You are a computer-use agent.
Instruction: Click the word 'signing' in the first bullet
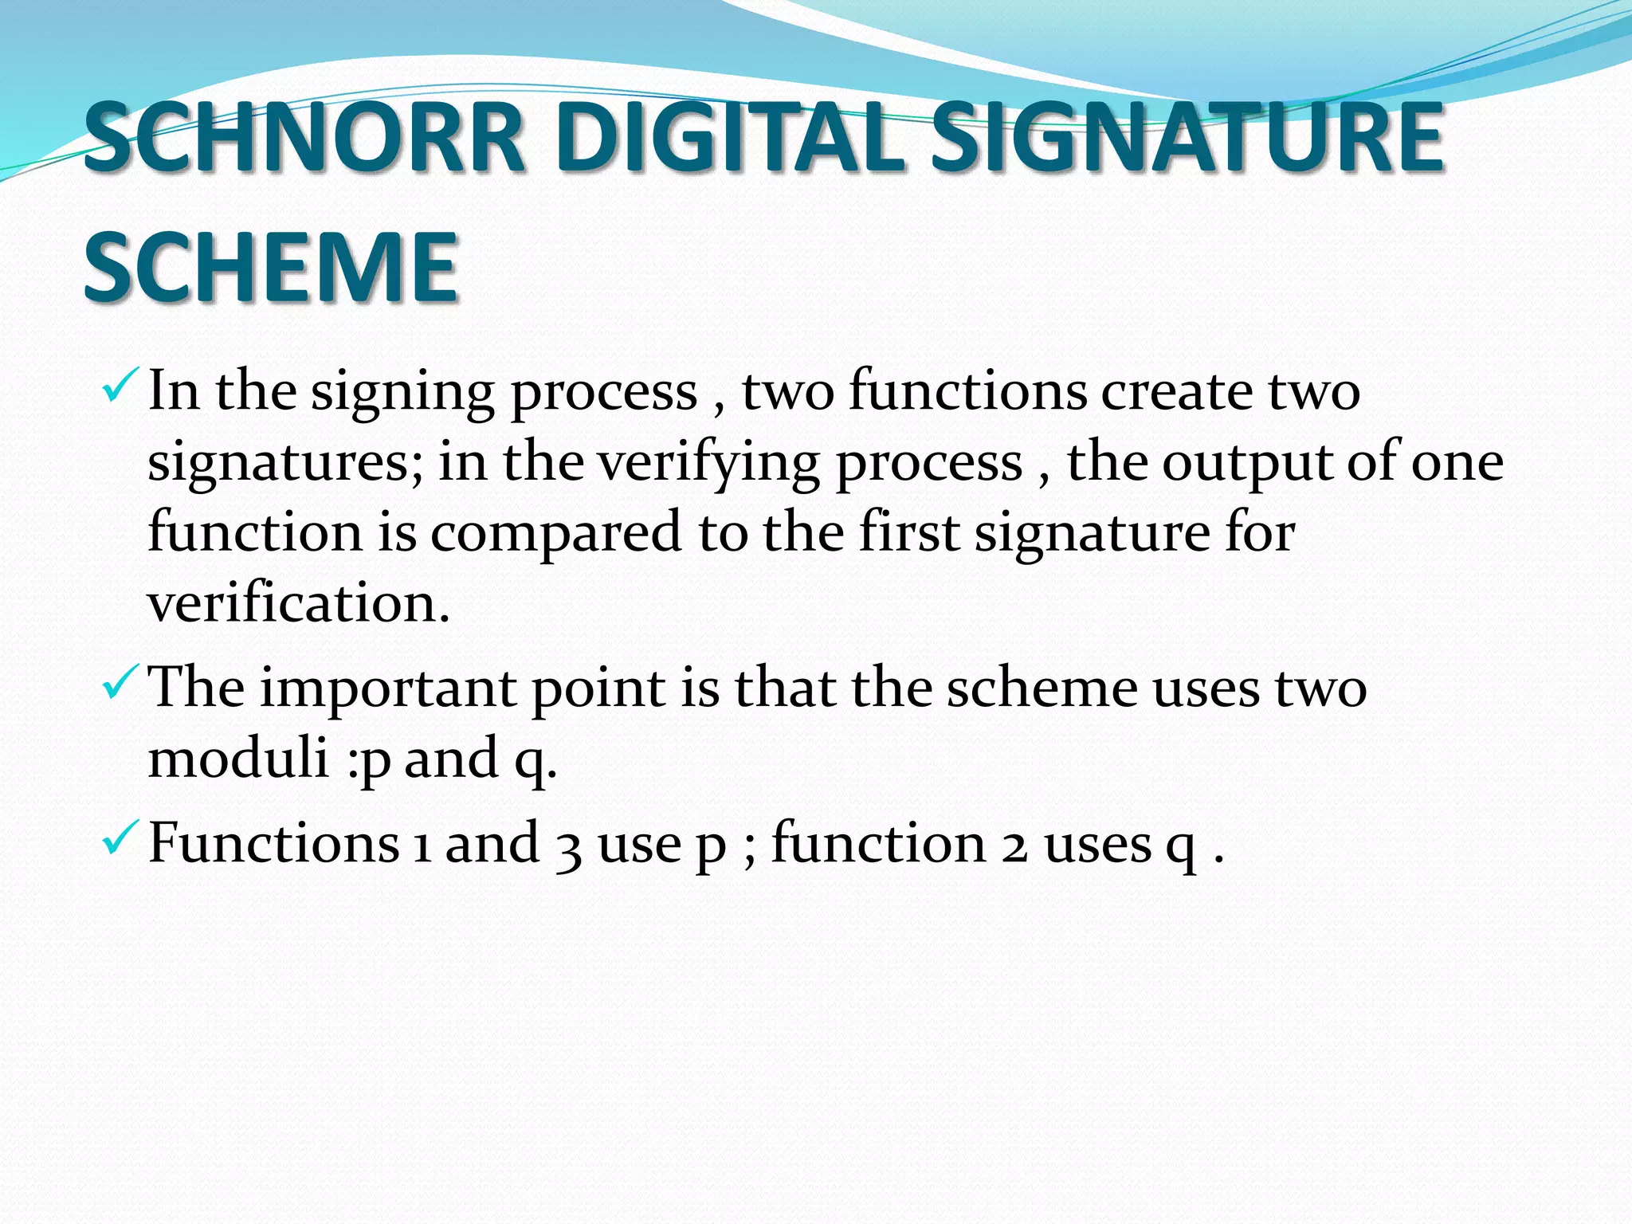pyautogui.click(x=402, y=393)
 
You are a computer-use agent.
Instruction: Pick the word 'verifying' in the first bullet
pyautogui.click(x=709, y=464)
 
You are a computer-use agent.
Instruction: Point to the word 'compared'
pyautogui.click(x=555, y=532)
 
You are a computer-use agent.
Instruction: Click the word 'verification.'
pyautogui.click(x=299, y=603)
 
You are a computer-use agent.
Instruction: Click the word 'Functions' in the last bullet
pyautogui.click(x=273, y=843)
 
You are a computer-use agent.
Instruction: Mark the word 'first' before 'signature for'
pyautogui.click(x=909, y=532)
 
